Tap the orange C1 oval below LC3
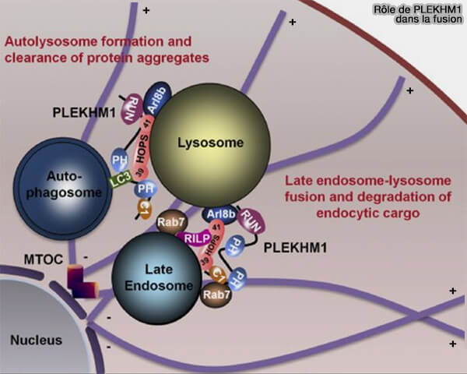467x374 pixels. tap(143, 206)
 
